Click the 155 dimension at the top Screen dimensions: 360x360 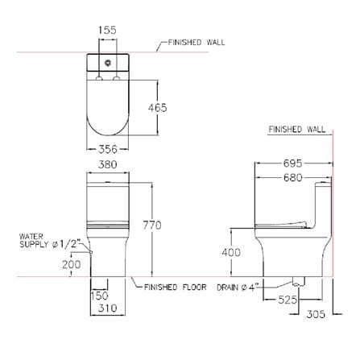click(x=107, y=30)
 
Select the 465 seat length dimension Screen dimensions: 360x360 click(x=158, y=108)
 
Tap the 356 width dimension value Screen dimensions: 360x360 click(x=108, y=149)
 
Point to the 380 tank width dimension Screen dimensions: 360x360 click(x=107, y=164)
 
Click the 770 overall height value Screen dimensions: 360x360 click(x=152, y=226)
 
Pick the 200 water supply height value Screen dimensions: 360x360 click(x=71, y=264)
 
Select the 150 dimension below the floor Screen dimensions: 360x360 click(x=99, y=296)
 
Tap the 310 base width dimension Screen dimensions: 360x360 click(x=107, y=308)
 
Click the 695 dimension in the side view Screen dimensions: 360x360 click(x=292, y=163)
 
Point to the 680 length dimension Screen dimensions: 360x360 click(x=292, y=177)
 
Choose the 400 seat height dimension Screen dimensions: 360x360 click(x=231, y=252)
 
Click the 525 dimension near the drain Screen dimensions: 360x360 click(x=288, y=300)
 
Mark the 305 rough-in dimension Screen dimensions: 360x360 click(x=316, y=314)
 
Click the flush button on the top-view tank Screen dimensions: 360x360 click(x=108, y=64)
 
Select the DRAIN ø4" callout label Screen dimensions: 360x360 click(x=238, y=288)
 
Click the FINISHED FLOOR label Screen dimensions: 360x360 click(x=176, y=288)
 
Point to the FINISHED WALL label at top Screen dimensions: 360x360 click(x=197, y=43)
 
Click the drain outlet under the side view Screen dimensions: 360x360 click(x=298, y=281)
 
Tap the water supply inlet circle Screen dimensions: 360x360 click(x=91, y=252)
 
